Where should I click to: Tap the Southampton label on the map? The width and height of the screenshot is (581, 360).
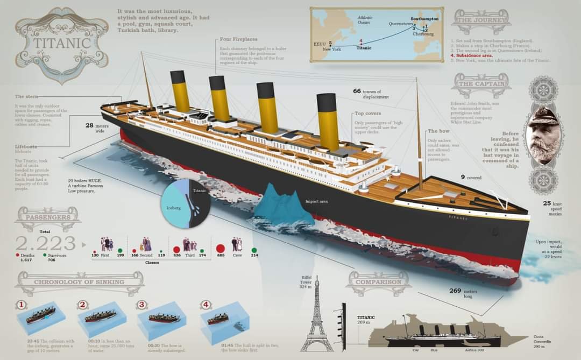tap(424, 19)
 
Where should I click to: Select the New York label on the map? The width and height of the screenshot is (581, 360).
tap(331, 50)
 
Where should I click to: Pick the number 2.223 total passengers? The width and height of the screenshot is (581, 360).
tap(46, 243)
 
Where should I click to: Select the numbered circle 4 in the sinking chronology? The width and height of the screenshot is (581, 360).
tap(206, 305)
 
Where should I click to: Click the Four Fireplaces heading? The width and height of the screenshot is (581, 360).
tap(238, 39)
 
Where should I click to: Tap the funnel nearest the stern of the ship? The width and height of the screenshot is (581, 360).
tap(180, 91)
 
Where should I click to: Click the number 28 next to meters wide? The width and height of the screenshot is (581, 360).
tap(89, 125)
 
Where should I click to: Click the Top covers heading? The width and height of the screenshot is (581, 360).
tap(367, 114)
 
